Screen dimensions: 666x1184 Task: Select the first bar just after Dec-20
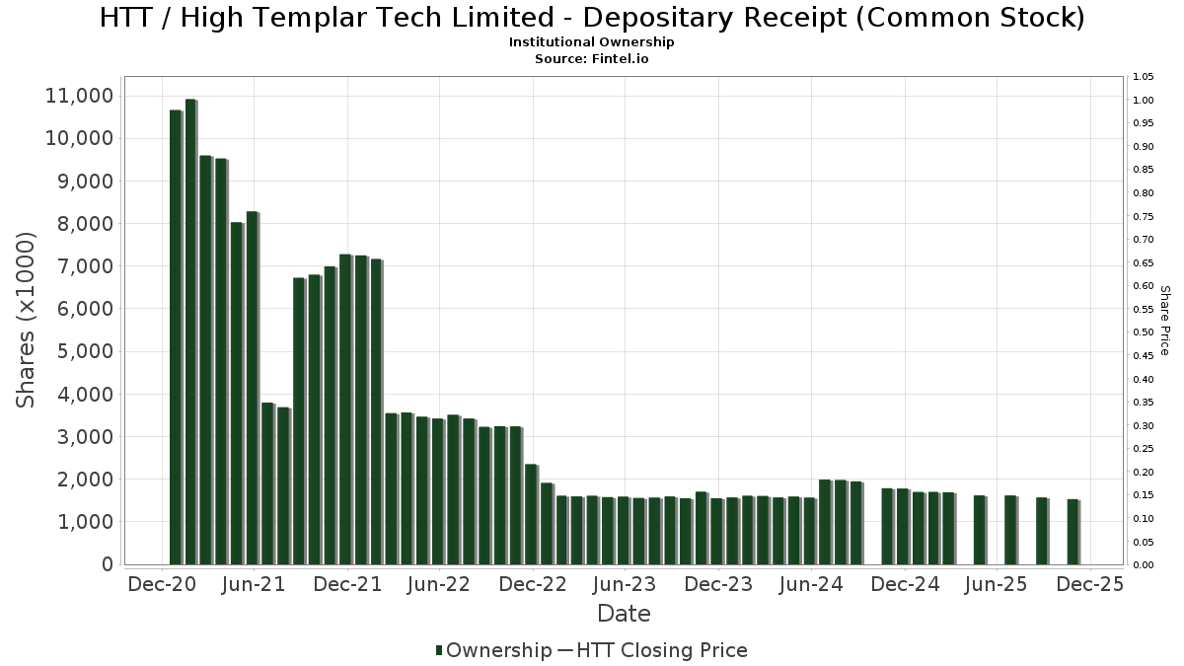[176, 336]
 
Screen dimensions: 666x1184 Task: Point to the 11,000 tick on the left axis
[80, 96]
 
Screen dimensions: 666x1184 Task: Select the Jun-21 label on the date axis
[254, 585]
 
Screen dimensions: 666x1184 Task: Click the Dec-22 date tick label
[533, 585]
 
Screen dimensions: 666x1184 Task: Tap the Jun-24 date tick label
[811, 585]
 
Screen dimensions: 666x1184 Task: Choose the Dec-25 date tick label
[1089, 585]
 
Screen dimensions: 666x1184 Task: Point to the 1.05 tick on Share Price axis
[1144, 77]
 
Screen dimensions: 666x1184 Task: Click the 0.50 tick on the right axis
[1144, 333]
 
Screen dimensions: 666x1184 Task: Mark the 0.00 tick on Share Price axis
[1144, 565]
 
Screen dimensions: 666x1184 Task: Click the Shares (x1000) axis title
[27, 320]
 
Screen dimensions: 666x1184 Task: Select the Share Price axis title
[1164, 320]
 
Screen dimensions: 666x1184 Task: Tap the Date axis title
[624, 614]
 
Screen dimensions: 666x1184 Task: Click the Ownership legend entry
[493, 650]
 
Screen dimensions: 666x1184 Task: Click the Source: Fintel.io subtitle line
[592, 58]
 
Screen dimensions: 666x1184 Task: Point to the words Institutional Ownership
[592, 42]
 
